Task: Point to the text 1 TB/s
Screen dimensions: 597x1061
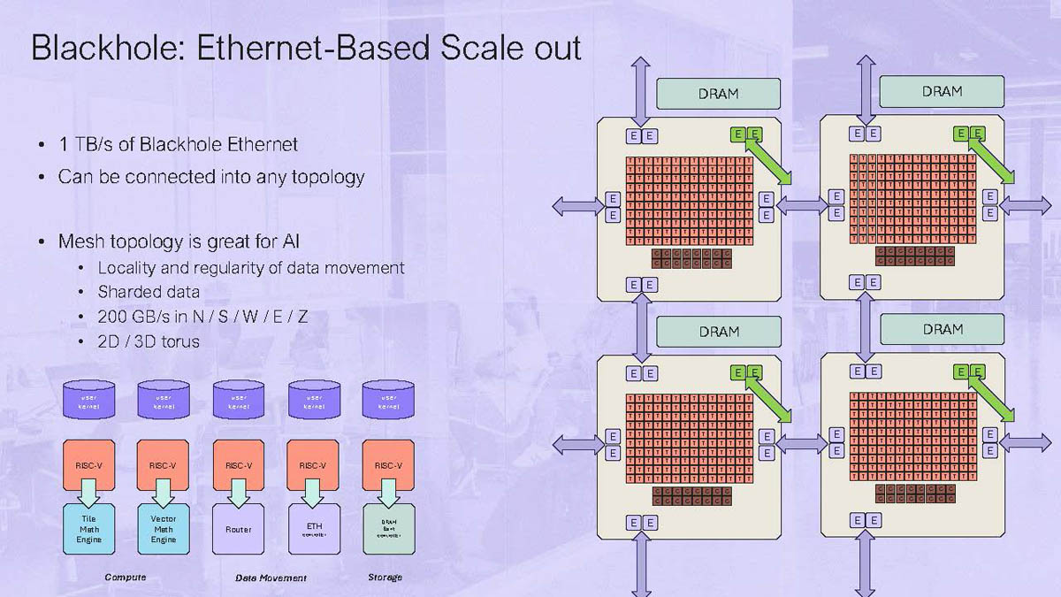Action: [86, 144]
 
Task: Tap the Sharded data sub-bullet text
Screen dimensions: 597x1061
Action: [149, 291]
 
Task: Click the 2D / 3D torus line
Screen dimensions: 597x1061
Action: [149, 341]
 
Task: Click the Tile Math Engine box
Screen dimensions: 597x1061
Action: [88, 529]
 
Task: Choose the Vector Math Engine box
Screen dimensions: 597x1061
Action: [164, 529]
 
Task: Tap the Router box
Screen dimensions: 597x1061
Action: [239, 529]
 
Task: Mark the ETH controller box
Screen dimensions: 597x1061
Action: [315, 529]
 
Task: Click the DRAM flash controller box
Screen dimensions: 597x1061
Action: [389, 529]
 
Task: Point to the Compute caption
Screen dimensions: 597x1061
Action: [126, 578]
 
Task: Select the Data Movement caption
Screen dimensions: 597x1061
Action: [271, 578]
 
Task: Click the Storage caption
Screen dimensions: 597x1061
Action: [385, 578]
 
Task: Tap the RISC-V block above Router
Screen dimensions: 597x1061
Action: [239, 466]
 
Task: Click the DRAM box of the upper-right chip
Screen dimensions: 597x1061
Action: [942, 91]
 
